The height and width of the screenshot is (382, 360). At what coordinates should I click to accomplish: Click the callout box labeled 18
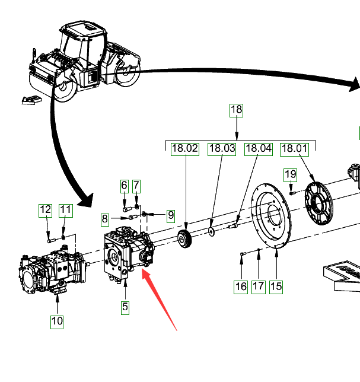click(x=237, y=110)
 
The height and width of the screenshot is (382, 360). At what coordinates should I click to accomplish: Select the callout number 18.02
click(x=185, y=149)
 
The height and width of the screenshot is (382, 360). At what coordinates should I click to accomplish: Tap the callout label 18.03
click(x=222, y=149)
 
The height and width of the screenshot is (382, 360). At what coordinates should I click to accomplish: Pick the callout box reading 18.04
click(x=258, y=149)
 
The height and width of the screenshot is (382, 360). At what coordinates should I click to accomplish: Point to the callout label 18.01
click(x=295, y=149)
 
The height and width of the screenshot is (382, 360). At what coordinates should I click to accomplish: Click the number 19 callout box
click(x=290, y=174)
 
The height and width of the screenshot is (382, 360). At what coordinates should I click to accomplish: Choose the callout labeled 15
click(x=276, y=286)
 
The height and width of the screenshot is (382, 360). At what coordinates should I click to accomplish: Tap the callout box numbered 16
click(x=241, y=286)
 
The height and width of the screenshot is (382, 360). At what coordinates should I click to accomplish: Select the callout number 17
click(x=258, y=286)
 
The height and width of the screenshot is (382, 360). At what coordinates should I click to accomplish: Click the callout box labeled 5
click(x=125, y=307)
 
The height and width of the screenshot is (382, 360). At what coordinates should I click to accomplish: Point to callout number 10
click(x=57, y=321)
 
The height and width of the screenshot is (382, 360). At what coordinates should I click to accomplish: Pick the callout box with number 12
click(x=46, y=209)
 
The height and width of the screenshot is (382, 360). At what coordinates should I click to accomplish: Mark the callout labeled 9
click(x=170, y=215)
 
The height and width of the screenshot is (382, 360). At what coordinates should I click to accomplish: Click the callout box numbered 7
click(x=136, y=186)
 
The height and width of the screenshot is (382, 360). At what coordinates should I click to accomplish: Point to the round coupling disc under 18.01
click(x=320, y=205)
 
